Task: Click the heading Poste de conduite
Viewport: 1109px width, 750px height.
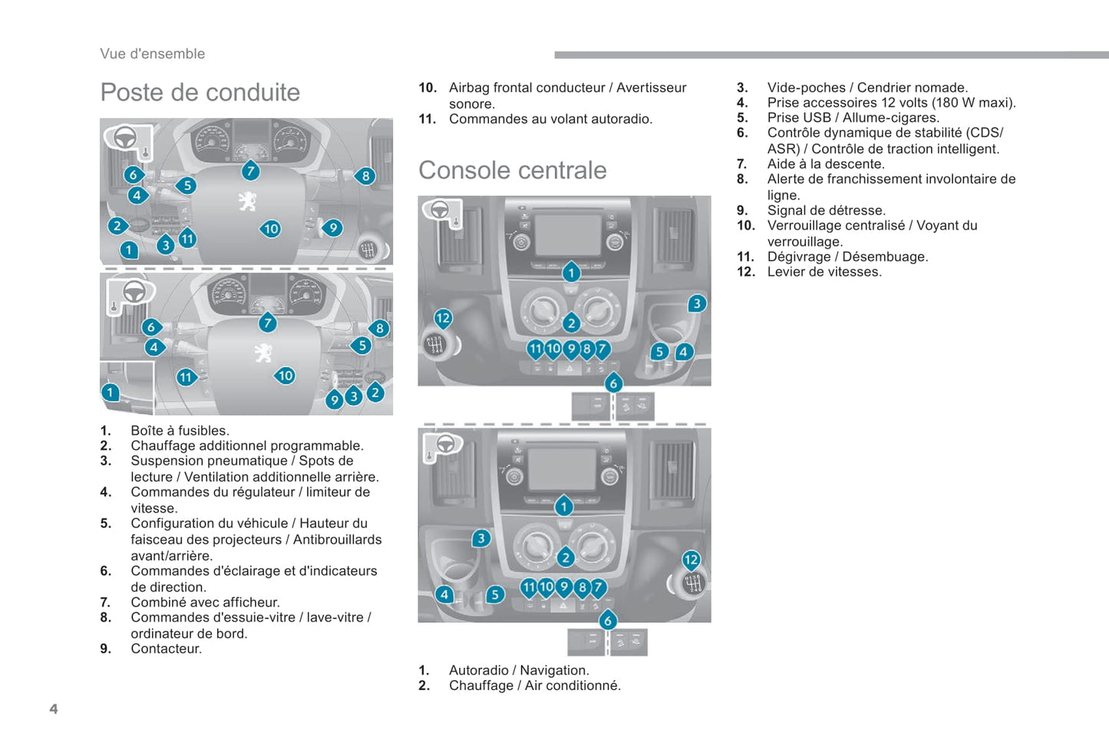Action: [x=200, y=92]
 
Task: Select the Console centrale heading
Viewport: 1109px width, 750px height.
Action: [x=512, y=170]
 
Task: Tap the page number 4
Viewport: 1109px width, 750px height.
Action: [x=54, y=709]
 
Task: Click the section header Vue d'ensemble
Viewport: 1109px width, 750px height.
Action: [x=152, y=54]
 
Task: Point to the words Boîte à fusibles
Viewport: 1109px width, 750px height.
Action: [x=180, y=431]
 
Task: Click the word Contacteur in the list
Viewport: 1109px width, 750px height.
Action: [x=166, y=649]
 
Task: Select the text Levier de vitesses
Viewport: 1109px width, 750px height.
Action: [x=824, y=272]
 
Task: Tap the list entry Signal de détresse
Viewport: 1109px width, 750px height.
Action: [x=826, y=210]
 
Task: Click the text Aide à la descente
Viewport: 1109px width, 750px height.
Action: [x=826, y=164]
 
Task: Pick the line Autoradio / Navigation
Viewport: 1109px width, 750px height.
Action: [x=519, y=670]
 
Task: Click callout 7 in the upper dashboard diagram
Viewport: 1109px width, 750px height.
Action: [x=250, y=170]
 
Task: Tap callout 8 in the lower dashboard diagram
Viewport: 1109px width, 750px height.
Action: [x=379, y=329]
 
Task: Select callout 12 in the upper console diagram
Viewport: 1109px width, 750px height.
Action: [x=443, y=318]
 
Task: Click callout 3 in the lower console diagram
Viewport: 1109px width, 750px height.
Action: [x=481, y=538]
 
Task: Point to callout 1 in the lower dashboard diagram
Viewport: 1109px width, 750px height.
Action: [x=111, y=392]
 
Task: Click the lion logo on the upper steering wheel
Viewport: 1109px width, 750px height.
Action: [x=247, y=201]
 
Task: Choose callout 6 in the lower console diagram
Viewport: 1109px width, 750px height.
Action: [x=608, y=620]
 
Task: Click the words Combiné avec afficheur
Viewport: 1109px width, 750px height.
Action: [x=205, y=603]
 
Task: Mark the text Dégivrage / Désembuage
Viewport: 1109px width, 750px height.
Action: [x=847, y=256]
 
